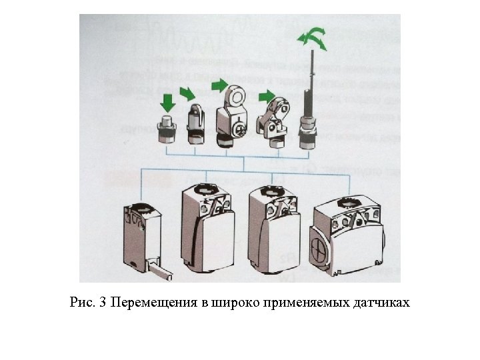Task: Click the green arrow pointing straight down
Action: pos(167,101)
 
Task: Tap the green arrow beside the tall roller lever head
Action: pos(219,85)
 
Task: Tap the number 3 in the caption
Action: pos(103,303)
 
